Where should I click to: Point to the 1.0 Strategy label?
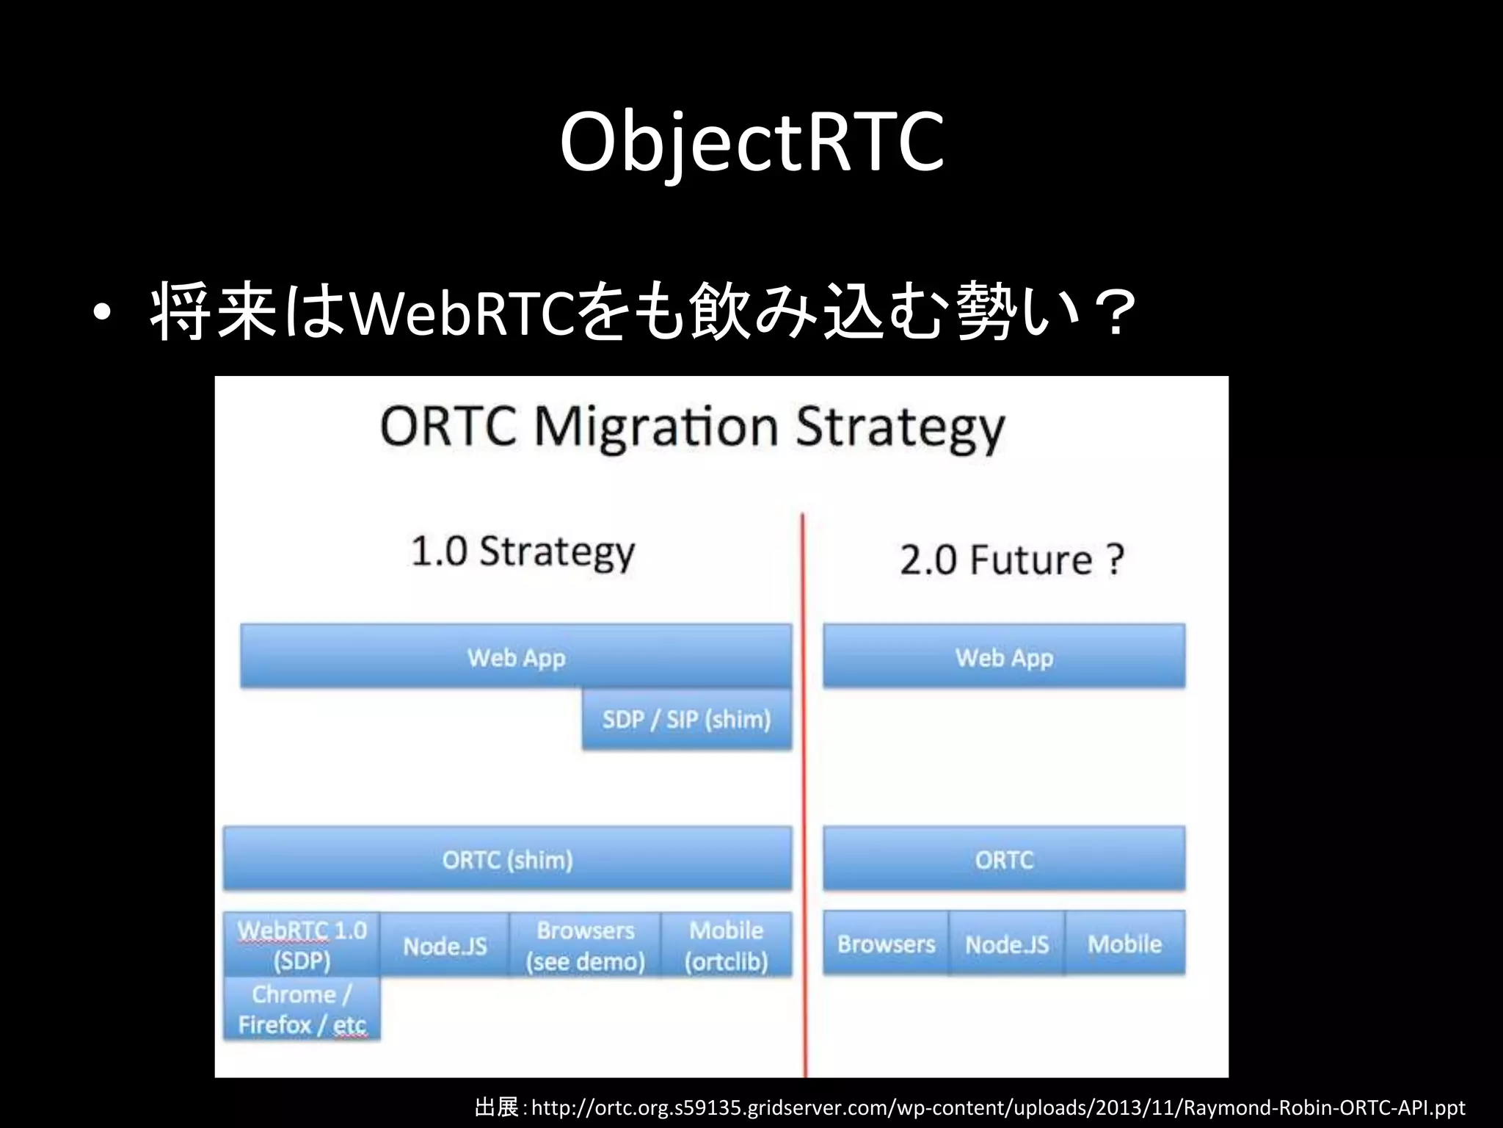[523, 552]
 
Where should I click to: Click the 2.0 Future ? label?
[1012, 560]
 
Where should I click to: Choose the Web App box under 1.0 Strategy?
[516, 657]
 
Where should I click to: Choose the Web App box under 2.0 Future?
[1004, 657]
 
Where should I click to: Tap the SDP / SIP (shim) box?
[686, 719]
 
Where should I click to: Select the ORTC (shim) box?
[508, 859]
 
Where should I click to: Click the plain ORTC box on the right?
[1004, 859]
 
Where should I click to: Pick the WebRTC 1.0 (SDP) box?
[302, 945]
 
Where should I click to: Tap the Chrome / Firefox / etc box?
[302, 1009]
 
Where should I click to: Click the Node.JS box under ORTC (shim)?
[445, 946]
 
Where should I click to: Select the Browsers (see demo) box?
[585, 946]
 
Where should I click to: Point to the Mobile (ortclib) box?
[727, 946]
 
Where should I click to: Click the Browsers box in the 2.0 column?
[886, 944]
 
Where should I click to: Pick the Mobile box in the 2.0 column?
[1124, 944]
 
